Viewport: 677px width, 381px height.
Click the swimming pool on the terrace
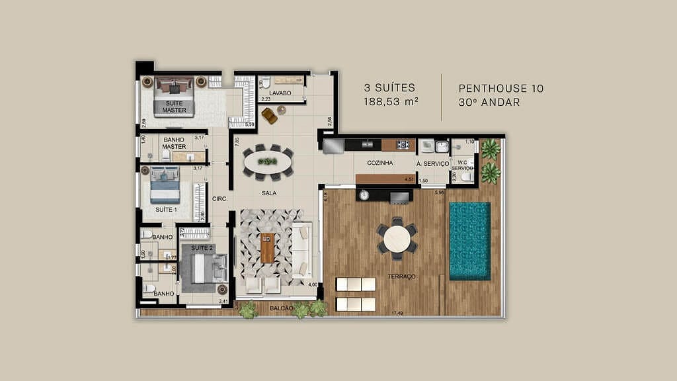tap(470, 241)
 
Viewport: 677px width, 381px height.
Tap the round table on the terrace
tap(397, 239)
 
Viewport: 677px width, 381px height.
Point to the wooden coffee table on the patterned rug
tap(267, 248)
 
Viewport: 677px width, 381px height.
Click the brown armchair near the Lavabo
tap(269, 116)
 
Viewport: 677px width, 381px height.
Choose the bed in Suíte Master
tap(175, 98)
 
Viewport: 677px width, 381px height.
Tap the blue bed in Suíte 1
tap(165, 186)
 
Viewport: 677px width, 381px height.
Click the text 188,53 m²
tap(391, 102)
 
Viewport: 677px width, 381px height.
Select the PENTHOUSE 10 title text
tap(501, 88)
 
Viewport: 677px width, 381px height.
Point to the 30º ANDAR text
tap(489, 102)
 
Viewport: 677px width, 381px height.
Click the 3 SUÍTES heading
tap(390, 88)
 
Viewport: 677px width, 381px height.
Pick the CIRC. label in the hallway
tap(219, 198)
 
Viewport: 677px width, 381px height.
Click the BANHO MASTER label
tap(175, 143)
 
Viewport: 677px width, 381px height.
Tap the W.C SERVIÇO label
tap(462, 165)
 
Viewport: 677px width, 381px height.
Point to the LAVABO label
tap(280, 93)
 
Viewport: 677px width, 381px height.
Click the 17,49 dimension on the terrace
tap(397, 313)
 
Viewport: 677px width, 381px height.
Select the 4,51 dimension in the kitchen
tap(409, 179)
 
